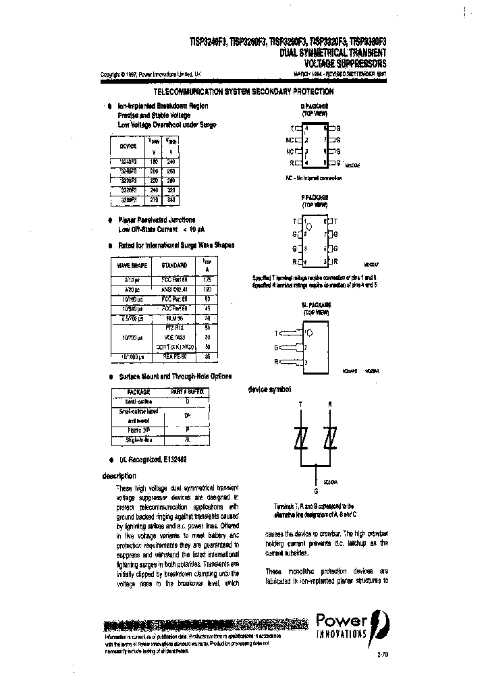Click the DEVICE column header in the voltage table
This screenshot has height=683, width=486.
[x=128, y=146]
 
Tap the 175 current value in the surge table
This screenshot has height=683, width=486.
[x=207, y=278]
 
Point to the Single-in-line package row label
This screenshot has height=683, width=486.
[x=138, y=439]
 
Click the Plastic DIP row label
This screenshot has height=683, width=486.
[x=138, y=429]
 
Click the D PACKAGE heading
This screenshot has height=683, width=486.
[x=314, y=106]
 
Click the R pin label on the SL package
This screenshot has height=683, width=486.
[x=275, y=362]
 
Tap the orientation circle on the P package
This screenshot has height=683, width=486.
[x=309, y=227]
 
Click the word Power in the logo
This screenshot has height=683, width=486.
[x=342, y=620]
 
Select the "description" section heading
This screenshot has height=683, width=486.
[x=119, y=476]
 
